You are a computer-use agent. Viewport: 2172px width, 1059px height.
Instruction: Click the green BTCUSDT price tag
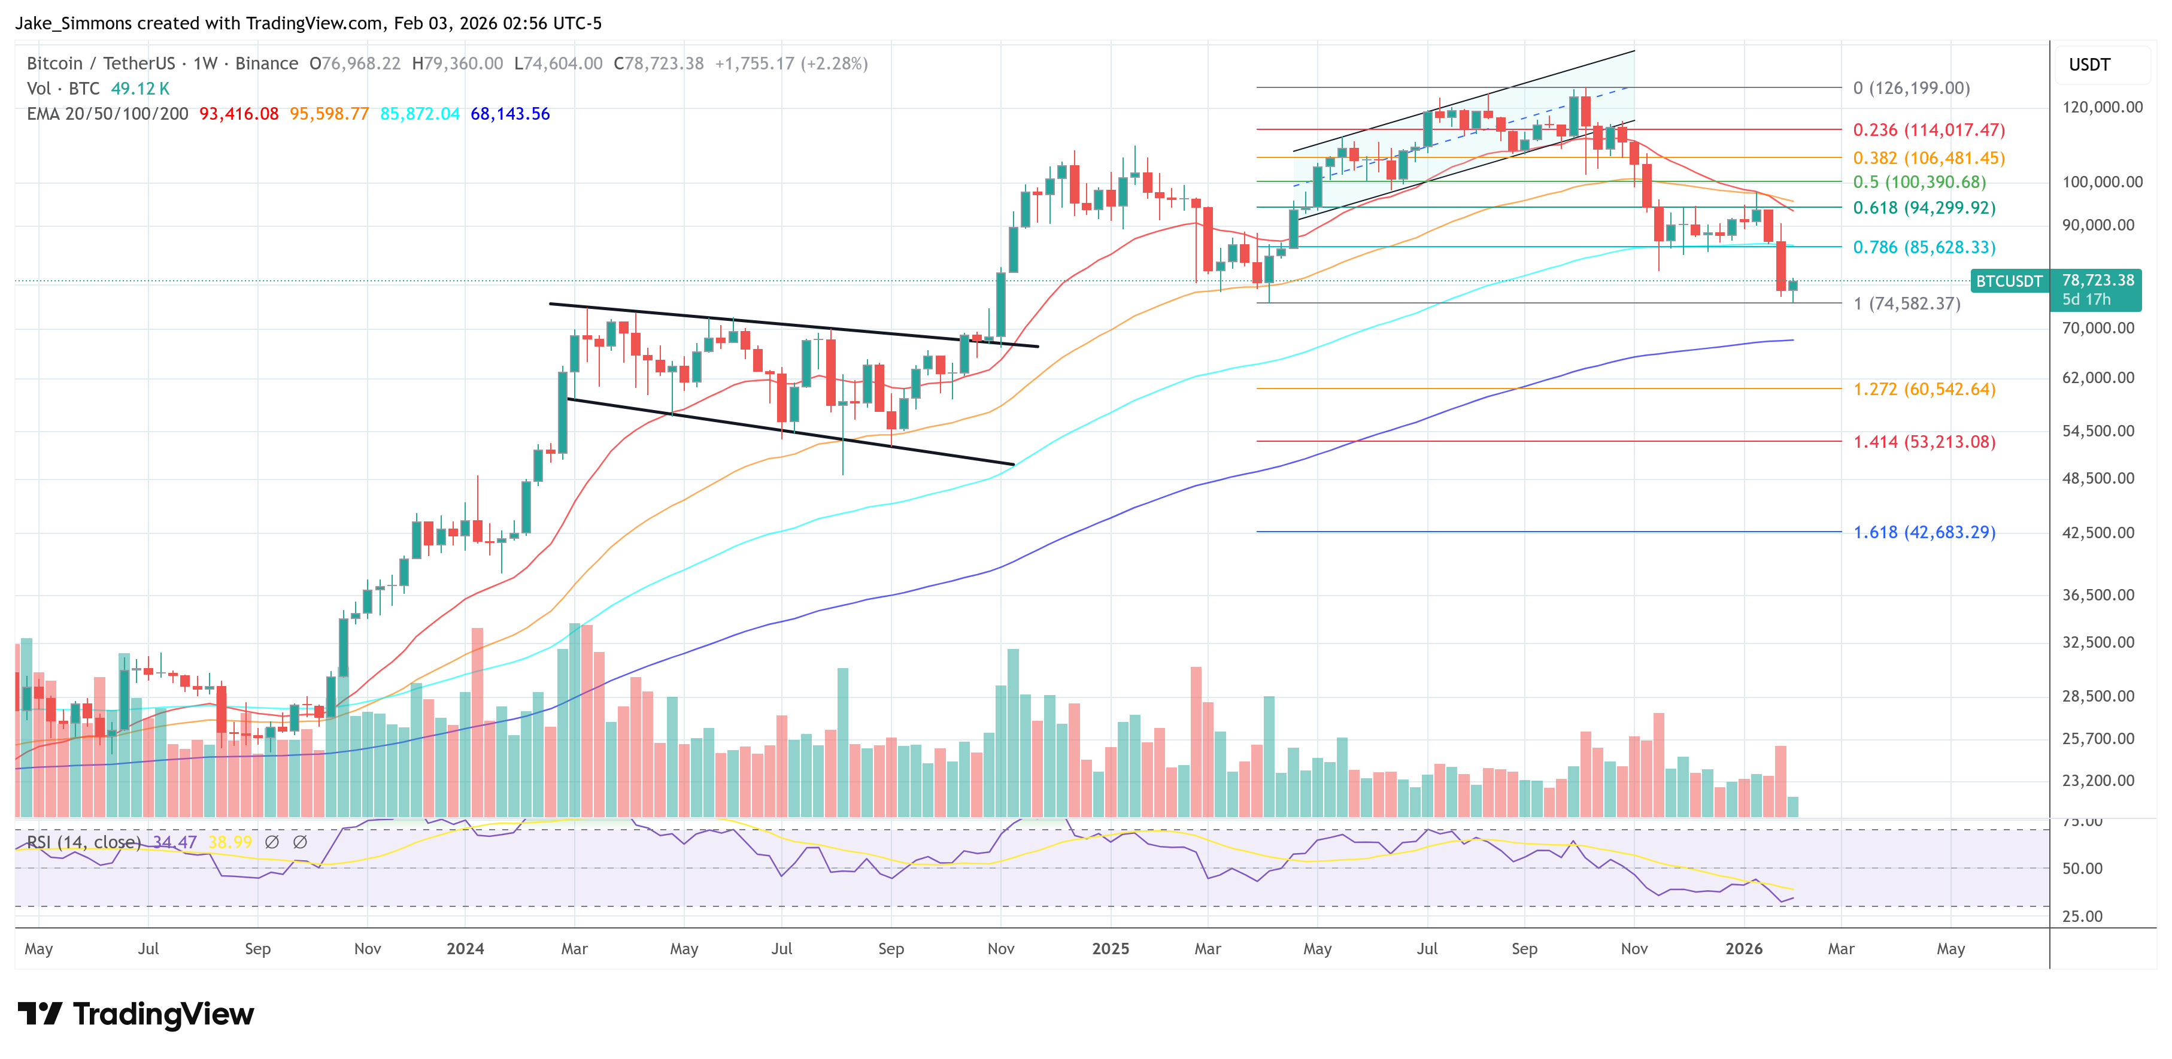pyautogui.click(x=2009, y=281)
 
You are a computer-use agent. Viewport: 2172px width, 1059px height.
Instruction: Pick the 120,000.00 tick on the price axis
pyautogui.click(x=2101, y=107)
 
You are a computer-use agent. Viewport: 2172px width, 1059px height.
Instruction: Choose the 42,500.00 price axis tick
pyautogui.click(x=2098, y=533)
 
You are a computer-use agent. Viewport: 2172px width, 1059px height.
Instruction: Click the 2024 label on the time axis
pyautogui.click(x=465, y=948)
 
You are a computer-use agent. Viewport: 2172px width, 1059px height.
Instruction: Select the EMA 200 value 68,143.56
pyautogui.click(x=509, y=114)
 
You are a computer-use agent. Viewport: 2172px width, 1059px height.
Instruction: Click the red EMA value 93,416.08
pyautogui.click(x=239, y=114)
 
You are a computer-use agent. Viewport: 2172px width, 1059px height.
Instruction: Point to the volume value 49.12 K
pyautogui.click(x=140, y=89)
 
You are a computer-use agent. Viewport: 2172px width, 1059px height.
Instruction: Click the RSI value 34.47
pyautogui.click(x=175, y=842)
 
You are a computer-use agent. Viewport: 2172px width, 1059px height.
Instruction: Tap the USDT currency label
pyautogui.click(x=2089, y=65)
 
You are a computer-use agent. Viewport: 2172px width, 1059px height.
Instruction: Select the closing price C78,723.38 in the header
pyautogui.click(x=658, y=64)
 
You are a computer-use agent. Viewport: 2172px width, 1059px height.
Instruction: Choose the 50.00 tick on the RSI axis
pyautogui.click(x=2082, y=869)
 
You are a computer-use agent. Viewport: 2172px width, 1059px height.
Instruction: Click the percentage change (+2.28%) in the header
pyautogui.click(x=834, y=64)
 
